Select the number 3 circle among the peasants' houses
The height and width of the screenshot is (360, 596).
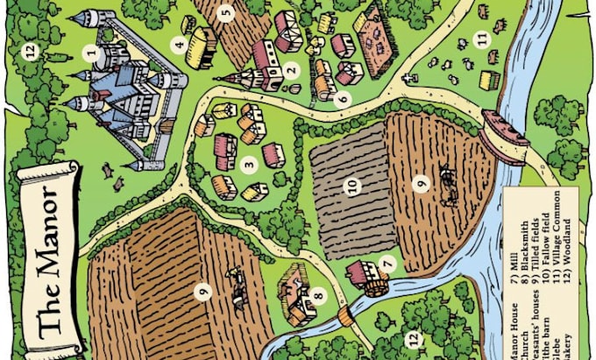249,162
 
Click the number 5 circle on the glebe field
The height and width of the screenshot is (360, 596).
226,13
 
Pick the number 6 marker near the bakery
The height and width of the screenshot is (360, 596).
344,98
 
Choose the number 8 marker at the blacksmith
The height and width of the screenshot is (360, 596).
318,297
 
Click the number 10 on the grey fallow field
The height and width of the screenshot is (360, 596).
352,185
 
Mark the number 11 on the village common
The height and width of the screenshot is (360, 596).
481,39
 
